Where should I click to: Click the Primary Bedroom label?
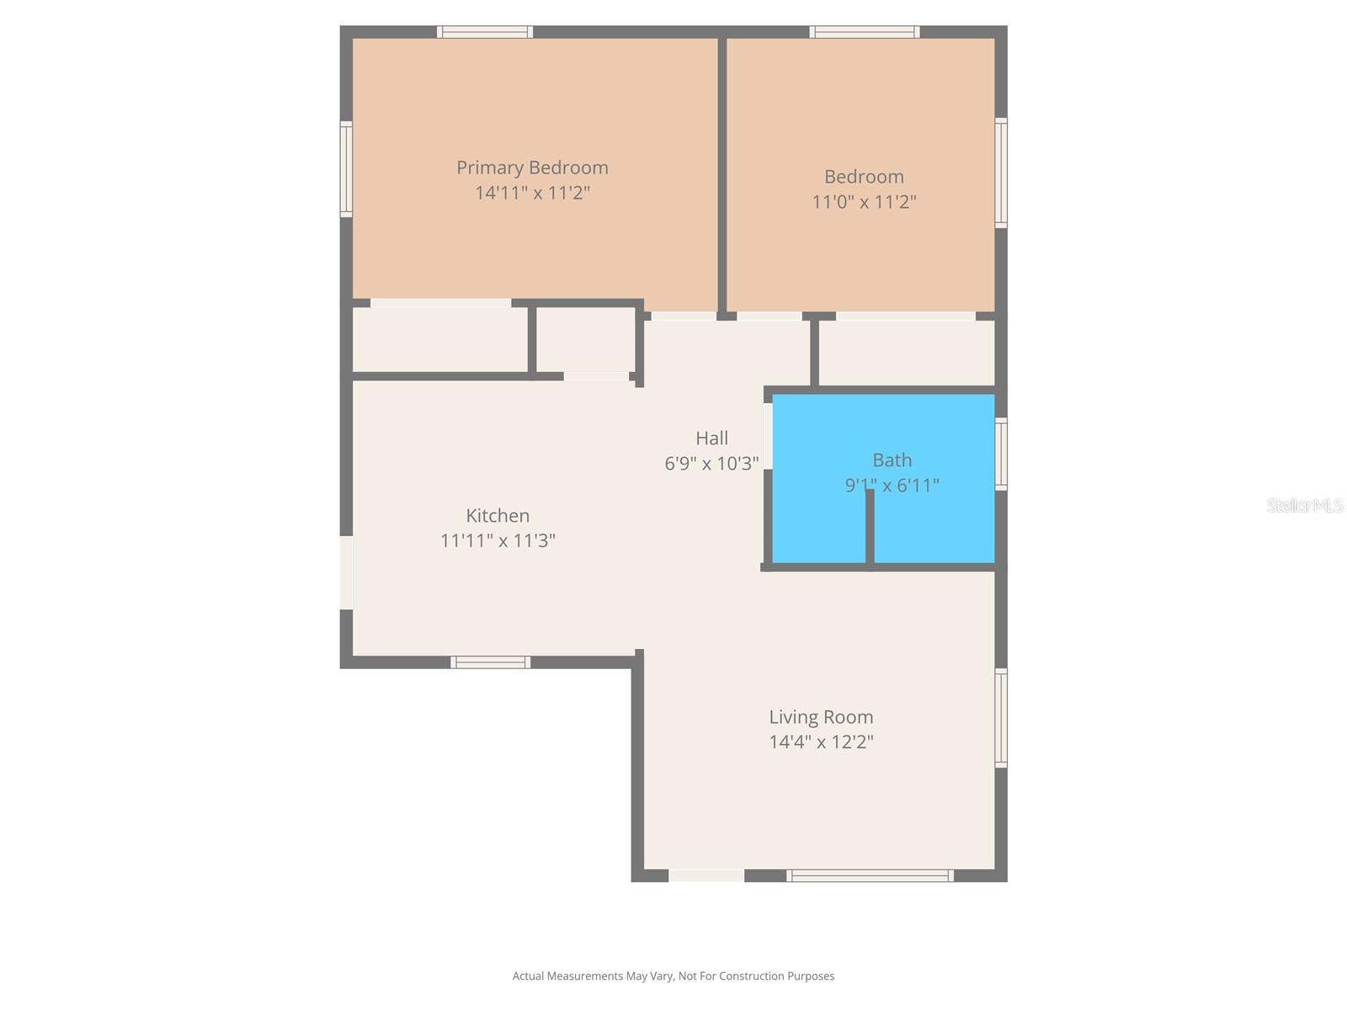(532, 167)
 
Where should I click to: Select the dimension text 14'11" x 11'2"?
(532, 193)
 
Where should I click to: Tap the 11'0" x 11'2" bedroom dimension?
(864, 202)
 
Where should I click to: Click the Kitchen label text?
(498, 516)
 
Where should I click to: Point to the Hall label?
(711, 439)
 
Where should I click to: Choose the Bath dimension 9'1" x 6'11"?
(892, 485)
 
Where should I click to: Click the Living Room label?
(821, 717)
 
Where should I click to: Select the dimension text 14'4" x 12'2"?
(821, 742)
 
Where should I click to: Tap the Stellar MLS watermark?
(1304, 505)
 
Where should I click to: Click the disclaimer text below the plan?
(673, 976)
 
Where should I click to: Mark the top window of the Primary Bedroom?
(485, 32)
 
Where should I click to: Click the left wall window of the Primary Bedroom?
(346, 169)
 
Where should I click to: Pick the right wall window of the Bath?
(1001, 454)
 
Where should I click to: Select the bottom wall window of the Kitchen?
(490, 662)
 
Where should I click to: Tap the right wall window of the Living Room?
(1001, 717)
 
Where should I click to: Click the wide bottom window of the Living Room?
(870, 876)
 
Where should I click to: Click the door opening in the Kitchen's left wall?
(346, 572)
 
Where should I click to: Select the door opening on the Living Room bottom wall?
(706, 876)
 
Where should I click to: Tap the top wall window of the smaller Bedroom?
(865, 32)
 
